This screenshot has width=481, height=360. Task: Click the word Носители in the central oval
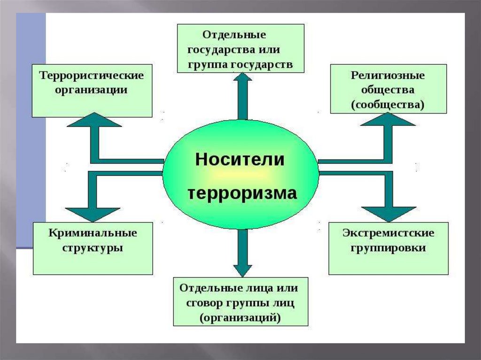pyautogui.click(x=240, y=160)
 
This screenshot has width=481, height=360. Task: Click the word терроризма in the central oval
pyautogui.click(x=242, y=193)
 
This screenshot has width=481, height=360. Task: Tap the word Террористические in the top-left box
pyautogui.click(x=91, y=76)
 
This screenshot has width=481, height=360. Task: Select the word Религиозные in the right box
pyautogui.click(x=388, y=75)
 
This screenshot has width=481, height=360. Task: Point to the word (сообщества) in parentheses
pyautogui.click(x=388, y=104)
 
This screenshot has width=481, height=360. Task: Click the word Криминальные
pyautogui.click(x=93, y=233)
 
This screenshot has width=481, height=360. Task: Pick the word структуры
pyautogui.click(x=93, y=248)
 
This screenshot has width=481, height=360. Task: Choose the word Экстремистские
pyautogui.click(x=388, y=233)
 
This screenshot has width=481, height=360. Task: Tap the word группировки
pyautogui.click(x=388, y=248)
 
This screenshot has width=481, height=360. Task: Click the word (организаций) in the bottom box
pyautogui.click(x=240, y=317)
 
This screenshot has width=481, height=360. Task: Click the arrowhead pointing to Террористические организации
pyautogui.click(x=94, y=120)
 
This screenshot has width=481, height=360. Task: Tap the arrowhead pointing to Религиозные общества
pyautogui.click(x=388, y=120)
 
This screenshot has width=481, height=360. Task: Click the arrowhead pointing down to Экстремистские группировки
pyautogui.click(x=388, y=214)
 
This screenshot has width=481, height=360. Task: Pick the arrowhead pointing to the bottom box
pyautogui.click(x=242, y=269)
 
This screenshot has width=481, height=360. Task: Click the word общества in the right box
pyautogui.click(x=388, y=90)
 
